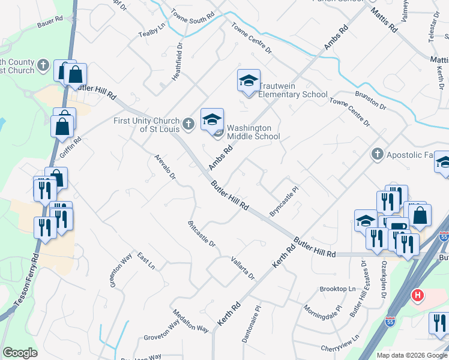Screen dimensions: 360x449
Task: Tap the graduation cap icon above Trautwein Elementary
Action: tap(249, 81)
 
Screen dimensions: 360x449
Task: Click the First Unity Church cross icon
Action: tap(188, 124)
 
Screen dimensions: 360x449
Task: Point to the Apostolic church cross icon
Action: tap(377, 154)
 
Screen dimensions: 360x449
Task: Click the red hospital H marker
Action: tap(417, 296)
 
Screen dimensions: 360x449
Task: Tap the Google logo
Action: tap(20, 353)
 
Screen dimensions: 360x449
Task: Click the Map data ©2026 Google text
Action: tap(411, 355)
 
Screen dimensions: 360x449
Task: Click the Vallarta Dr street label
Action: tap(243, 268)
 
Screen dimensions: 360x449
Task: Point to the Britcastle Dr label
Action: tap(201, 233)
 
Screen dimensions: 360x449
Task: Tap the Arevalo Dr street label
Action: tap(164, 167)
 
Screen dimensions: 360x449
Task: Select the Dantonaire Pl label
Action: tap(251, 324)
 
